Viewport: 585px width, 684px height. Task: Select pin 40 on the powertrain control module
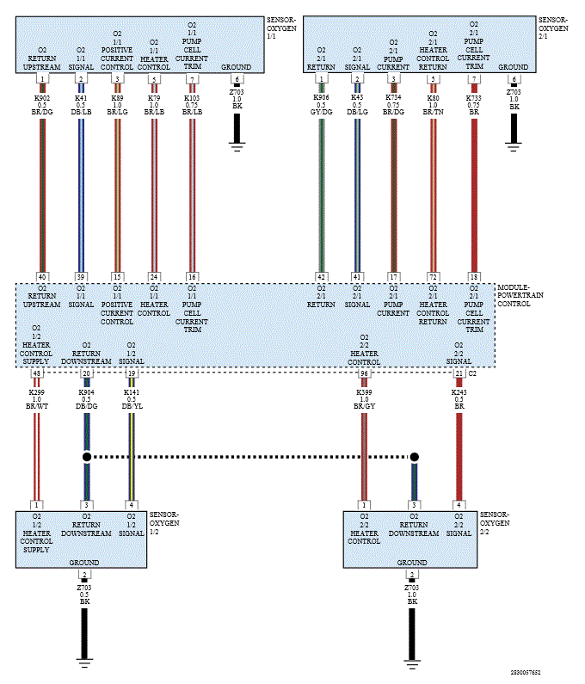pyautogui.click(x=42, y=277)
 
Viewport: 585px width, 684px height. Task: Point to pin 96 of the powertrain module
pyautogui.click(x=364, y=373)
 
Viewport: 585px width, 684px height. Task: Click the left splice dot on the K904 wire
pyautogui.click(x=87, y=457)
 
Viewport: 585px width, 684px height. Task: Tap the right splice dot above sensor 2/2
pyautogui.click(x=415, y=457)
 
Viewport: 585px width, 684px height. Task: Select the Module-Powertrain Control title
pyautogui.click(x=520, y=295)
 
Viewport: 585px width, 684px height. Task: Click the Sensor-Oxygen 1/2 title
pyautogui.click(x=164, y=522)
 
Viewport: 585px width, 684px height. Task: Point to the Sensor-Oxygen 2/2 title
pyautogui.click(x=495, y=522)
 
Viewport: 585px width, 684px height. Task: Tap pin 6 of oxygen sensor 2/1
pyautogui.click(x=514, y=79)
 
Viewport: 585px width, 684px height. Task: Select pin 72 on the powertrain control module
pyautogui.click(x=433, y=277)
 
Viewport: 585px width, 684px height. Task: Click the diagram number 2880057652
pyautogui.click(x=526, y=672)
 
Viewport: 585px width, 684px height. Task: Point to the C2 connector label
pyautogui.click(x=472, y=374)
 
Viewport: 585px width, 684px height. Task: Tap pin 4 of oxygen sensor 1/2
pyautogui.click(x=132, y=505)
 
